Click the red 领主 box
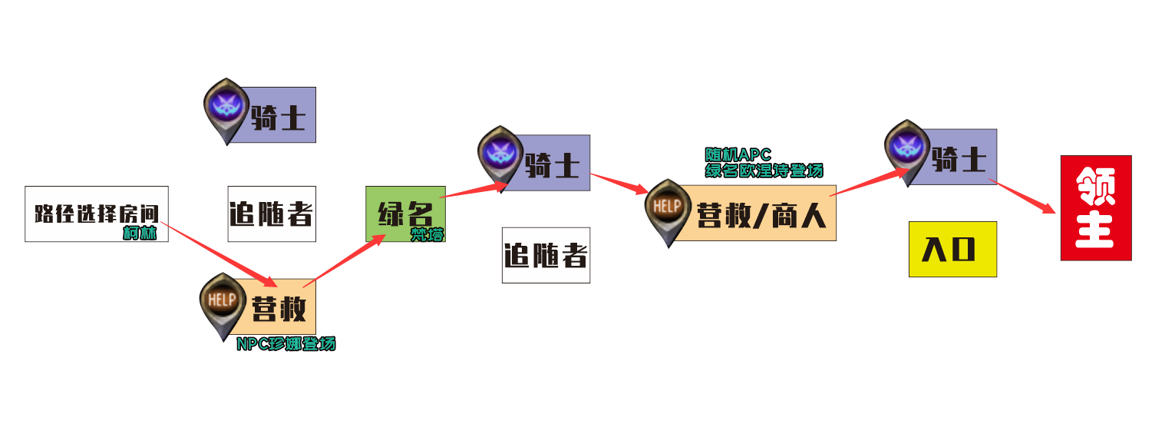click(x=1095, y=207)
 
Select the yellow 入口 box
click(x=952, y=249)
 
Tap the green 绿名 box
click(x=405, y=214)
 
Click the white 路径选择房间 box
click(x=96, y=214)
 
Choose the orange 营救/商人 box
click(x=760, y=214)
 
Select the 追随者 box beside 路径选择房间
click(x=272, y=214)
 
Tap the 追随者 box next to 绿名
click(x=546, y=255)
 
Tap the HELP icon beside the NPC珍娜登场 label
click(x=219, y=300)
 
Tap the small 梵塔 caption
click(x=427, y=235)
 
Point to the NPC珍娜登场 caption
click(x=286, y=344)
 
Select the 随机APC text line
click(x=738, y=155)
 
